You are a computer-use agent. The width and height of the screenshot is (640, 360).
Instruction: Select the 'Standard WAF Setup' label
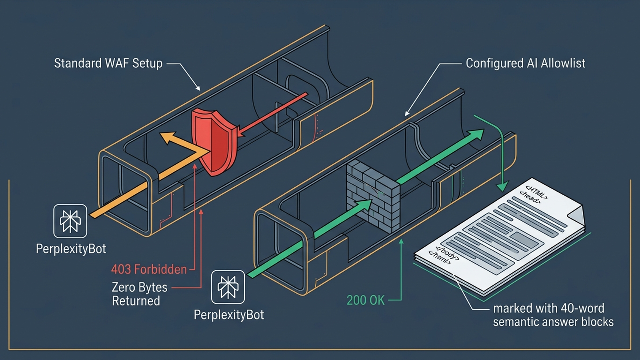(108, 64)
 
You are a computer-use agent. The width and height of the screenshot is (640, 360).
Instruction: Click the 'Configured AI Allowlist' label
(526, 64)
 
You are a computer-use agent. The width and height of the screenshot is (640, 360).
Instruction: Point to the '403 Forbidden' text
(149, 270)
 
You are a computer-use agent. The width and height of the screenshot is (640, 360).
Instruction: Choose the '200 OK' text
(366, 300)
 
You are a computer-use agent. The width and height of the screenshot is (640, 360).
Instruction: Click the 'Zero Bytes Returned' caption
(140, 294)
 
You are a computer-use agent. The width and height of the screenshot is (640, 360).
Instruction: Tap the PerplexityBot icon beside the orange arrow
(70, 221)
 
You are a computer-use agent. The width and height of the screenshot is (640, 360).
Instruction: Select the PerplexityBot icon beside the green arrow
(228, 287)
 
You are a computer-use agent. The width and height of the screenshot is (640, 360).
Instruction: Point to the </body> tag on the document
(447, 253)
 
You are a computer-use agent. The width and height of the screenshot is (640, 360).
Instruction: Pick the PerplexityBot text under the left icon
(71, 249)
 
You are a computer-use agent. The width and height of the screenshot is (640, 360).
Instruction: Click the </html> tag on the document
(440, 258)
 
